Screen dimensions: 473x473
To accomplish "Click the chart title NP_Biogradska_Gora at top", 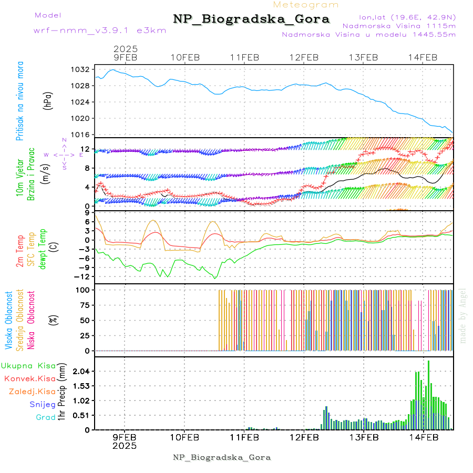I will (251, 19).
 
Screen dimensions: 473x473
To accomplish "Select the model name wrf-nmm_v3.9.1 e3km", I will (100, 30).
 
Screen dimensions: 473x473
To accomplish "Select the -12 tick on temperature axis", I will (81, 276).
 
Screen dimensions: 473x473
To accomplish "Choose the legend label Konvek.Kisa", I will (29, 378).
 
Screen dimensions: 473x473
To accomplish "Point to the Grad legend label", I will (45, 417).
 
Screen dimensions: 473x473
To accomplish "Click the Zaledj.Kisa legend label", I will (32, 392).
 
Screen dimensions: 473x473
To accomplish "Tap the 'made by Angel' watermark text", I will (463, 315).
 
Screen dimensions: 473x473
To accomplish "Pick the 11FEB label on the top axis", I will (244, 57).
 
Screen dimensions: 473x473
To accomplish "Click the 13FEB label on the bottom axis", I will (363, 437).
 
